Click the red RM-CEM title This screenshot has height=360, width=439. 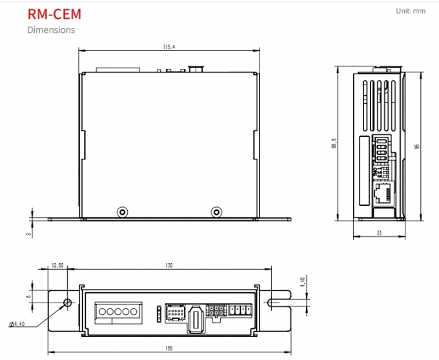click(54, 14)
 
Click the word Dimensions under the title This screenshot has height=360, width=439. click(51, 30)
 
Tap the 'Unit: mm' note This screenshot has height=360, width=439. click(411, 11)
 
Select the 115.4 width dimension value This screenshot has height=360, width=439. click(169, 46)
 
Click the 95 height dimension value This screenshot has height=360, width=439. click(418, 146)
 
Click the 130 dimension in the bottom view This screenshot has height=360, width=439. click(169, 265)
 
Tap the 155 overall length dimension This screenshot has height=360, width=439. click(169, 348)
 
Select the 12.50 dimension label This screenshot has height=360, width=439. click(57, 265)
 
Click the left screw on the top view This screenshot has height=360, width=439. click(121, 212)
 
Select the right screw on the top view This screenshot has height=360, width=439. click(217, 212)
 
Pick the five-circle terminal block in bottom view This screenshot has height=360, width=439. click(117, 311)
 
